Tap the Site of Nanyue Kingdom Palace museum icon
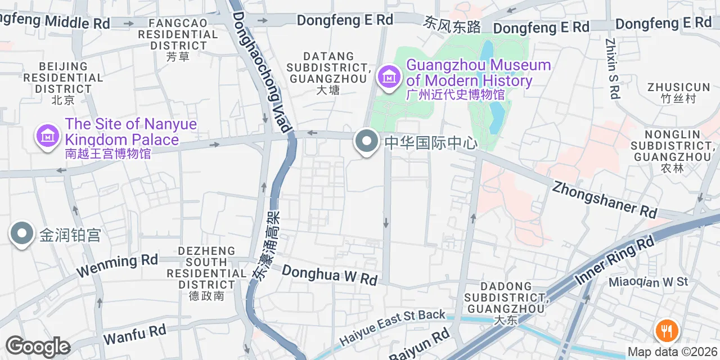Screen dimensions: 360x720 (x=48, y=136)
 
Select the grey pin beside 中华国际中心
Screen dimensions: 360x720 (x=367, y=141)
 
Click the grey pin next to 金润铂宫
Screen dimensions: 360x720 (x=22, y=233)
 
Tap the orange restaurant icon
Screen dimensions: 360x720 (x=667, y=330)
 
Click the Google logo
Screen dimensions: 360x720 (x=38, y=346)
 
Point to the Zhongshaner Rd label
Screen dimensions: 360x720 (x=605, y=199)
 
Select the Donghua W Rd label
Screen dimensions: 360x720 (x=329, y=274)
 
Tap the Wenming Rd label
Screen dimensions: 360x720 (x=117, y=265)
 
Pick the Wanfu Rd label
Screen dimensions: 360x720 (x=134, y=334)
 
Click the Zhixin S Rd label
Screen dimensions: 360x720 (x=613, y=69)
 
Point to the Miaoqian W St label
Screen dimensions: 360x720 (x=649, y=281)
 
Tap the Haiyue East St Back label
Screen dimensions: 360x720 (x=392, y=328)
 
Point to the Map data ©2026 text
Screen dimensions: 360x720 (x=673, y=352)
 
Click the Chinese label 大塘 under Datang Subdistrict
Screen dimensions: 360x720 (x=328, y=90)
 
